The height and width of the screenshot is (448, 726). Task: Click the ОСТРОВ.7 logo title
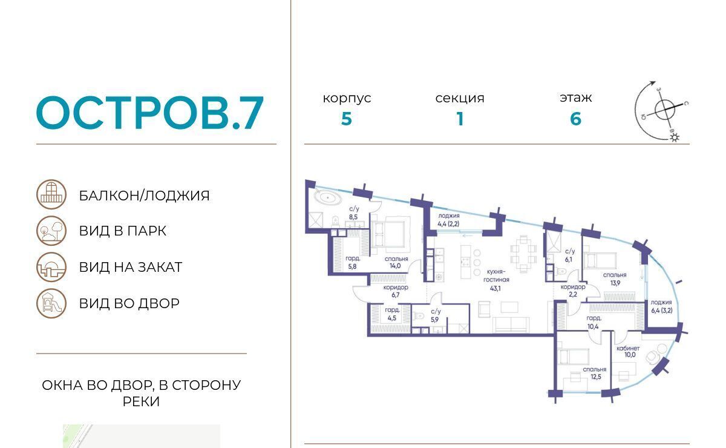(x=150, y=113)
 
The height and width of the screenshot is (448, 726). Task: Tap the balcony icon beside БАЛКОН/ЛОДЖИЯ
(x=51, y=194)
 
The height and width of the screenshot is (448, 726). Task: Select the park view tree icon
(x=51, y=231)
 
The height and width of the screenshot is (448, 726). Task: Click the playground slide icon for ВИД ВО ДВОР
(x=51, y=303)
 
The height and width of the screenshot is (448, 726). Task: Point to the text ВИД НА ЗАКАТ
(x=131, y=268)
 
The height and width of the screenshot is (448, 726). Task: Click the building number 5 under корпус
(x=347, y=119)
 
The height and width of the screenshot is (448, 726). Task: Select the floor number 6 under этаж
(x=575, y=119)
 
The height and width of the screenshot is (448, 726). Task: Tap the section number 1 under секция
(x=460, y=119)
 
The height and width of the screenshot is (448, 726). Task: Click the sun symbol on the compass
(x=675, y=138)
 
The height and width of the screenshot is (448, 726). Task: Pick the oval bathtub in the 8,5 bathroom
(x=328, y=197)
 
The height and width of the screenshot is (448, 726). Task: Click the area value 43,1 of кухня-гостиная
(x=495, y=288)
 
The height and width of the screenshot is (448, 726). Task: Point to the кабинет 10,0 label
(x=628, y=351)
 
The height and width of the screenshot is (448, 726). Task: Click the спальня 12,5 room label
(x=595, y=373)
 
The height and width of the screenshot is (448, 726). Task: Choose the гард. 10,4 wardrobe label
(x=594, y=323)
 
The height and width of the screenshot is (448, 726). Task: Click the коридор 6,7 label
(x=396, y=291)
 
